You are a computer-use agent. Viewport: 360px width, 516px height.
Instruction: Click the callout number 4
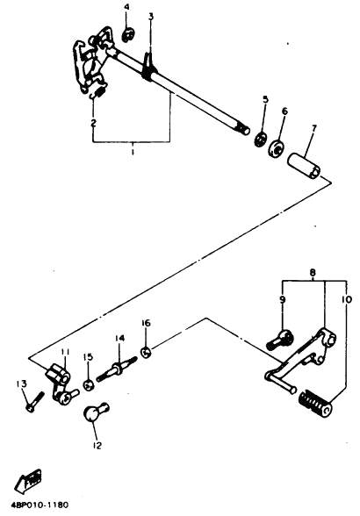(126, 7)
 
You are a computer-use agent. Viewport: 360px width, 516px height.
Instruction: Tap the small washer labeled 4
(129, 35)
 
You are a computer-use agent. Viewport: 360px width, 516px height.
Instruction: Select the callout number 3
(151, 17)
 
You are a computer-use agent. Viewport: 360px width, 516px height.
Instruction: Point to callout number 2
(94, 123)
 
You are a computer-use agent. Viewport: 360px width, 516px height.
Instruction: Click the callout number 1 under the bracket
(133, 153)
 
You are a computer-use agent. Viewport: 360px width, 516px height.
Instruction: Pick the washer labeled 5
(260, 140)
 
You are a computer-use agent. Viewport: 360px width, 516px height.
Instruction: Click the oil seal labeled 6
(277, 148)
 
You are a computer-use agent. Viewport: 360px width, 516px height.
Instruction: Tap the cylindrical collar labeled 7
(304, 167)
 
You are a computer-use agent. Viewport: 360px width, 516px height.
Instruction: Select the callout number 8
(313, 272)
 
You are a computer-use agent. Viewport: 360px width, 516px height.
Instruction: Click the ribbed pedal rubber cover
(315, 403)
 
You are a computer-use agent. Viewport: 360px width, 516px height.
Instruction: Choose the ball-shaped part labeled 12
(94, 412)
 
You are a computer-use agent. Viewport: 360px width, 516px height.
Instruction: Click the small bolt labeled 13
(34, 401)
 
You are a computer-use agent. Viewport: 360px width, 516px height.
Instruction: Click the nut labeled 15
(89, 384)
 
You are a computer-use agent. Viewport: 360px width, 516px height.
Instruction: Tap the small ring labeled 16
(146, 353)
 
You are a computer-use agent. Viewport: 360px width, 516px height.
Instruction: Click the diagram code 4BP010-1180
(40, 505)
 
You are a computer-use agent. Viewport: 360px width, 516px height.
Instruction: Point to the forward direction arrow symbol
(27, 481)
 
